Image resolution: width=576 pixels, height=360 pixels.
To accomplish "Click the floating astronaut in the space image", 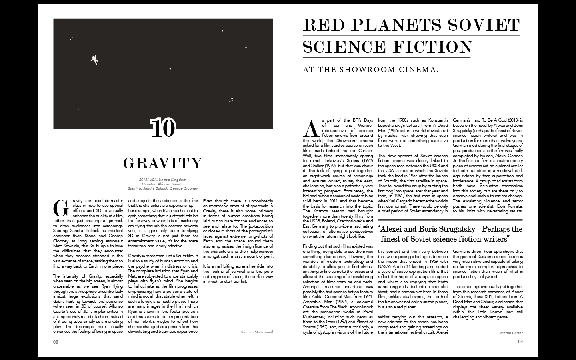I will click(x=94, y=60).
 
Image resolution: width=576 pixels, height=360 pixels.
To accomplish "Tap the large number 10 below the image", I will click(x=163, y=128).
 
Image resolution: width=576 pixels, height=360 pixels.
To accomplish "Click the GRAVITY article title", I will click(x=163, y=163).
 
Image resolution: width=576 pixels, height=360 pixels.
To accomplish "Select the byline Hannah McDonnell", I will click(x=257, y=332).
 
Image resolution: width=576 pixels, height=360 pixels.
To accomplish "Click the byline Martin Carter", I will click(x=511, y=332).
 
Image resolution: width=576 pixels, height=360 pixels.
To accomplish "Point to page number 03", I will click(x=56, y=342).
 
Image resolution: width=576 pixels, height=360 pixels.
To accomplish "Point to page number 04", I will click(x=520, y=342).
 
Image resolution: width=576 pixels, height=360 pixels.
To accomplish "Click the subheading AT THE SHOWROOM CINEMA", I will click(x=371, y=70).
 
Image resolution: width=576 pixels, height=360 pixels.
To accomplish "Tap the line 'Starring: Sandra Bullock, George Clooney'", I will click(x=163, y=188).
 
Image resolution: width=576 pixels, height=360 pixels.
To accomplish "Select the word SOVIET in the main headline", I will click(x=484, y=25).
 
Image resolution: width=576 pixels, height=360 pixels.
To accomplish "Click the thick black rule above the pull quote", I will click(x=450, y=220).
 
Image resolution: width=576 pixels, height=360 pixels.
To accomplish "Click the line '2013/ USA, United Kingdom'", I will click(x=163, y=180).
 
